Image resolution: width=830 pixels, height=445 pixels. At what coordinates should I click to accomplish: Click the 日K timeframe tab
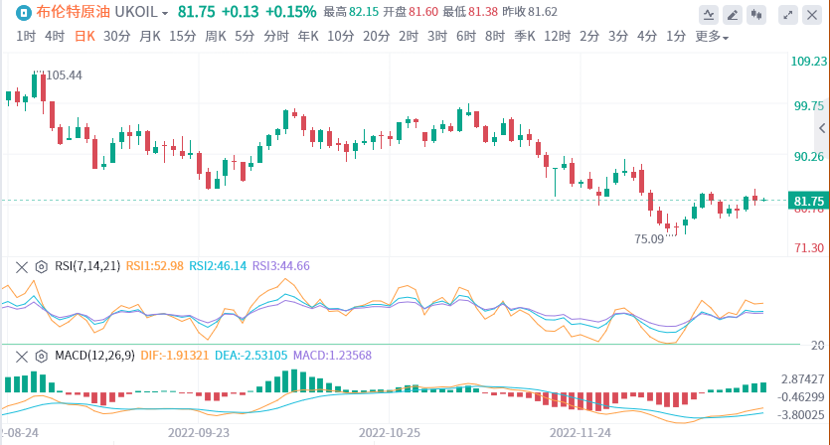[x=84, y=36]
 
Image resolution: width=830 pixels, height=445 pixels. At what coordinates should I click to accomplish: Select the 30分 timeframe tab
[x=117, y=36]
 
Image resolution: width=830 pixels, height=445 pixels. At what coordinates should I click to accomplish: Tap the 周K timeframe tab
[x=216, y=36]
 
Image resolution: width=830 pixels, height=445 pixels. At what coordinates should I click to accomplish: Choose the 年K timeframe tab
[x=308, y=36]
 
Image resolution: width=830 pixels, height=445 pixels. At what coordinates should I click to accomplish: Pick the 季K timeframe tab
[x=524, y=36]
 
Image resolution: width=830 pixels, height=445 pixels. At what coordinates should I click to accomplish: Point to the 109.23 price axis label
[x=809, y=62]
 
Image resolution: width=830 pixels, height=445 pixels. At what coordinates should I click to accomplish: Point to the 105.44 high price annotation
[x=64, y=75]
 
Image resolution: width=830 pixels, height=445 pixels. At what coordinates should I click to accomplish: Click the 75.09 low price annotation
[x=648, y=239]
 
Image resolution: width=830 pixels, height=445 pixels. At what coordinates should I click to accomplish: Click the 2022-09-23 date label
[x=199, y=433]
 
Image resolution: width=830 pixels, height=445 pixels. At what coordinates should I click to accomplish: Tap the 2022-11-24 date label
[x=581, y=433]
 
